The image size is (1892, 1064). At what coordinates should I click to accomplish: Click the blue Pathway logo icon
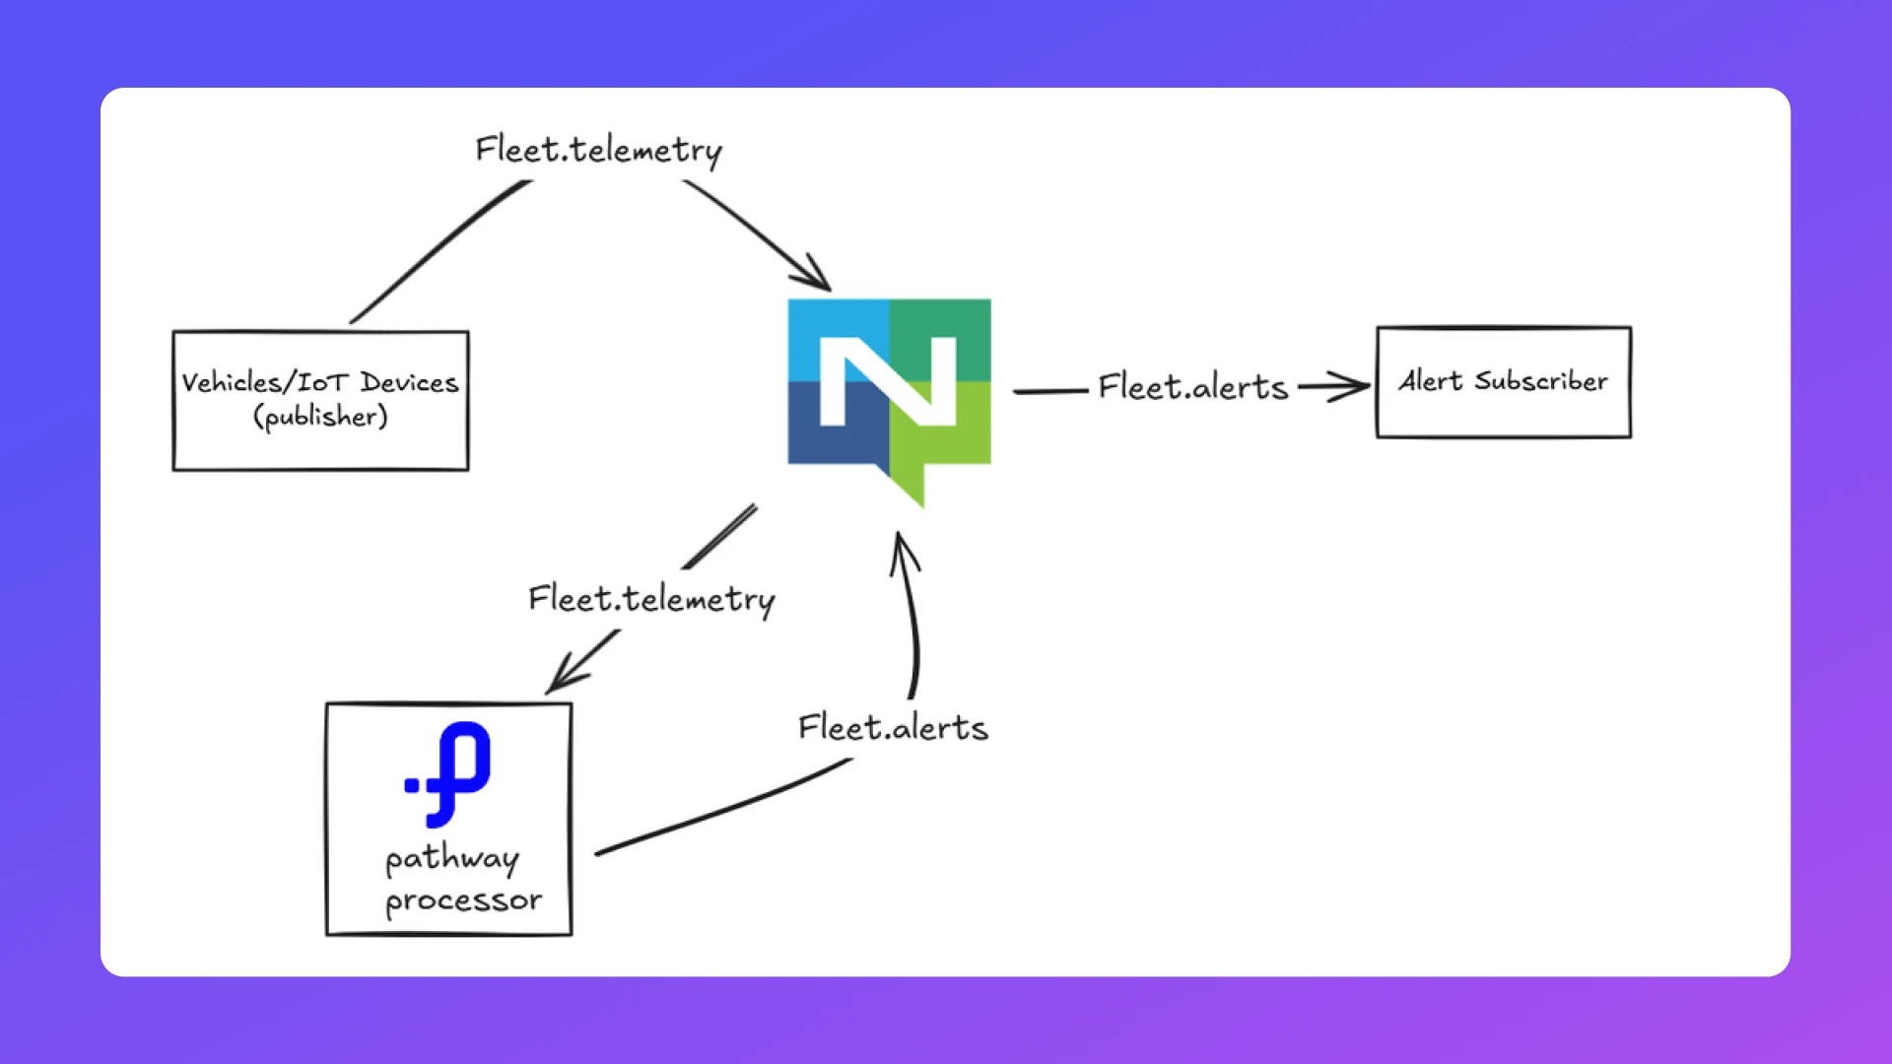[x=450, y=773]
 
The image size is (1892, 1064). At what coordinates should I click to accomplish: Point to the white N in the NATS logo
[x=888, y=382]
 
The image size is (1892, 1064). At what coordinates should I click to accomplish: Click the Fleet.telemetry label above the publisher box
[x=598, y=151]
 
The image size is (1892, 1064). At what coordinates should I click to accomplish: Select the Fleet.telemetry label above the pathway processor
[x=651, y=599]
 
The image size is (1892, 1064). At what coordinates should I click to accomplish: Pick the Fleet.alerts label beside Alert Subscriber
[x=1193, y=387]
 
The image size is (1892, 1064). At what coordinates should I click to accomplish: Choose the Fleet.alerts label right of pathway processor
[x=893, y=728]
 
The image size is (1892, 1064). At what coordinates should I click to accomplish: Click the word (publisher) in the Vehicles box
[x=320, y=417]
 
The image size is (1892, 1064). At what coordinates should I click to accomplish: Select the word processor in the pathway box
[x=463, y=900]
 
